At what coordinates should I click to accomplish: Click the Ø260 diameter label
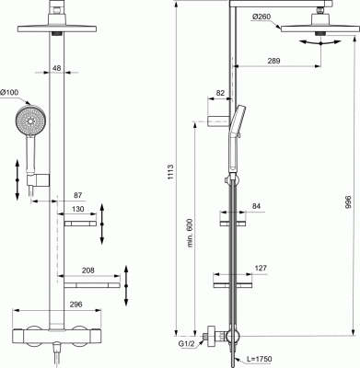(x=261, y=17)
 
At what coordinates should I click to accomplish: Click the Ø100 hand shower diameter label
(x=9, y=92)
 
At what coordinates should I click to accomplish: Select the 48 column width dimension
(x=56, y=68)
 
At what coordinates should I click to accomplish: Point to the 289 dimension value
(x=273, y=61)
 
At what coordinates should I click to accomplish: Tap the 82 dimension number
(x=220, y=93)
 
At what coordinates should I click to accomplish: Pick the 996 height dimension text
(x=347, y=203)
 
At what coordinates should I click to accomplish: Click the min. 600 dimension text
(x=190, y=233)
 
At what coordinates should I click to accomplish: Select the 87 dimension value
(x=78, y=195)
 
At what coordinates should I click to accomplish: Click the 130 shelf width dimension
(x=78, y=209)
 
